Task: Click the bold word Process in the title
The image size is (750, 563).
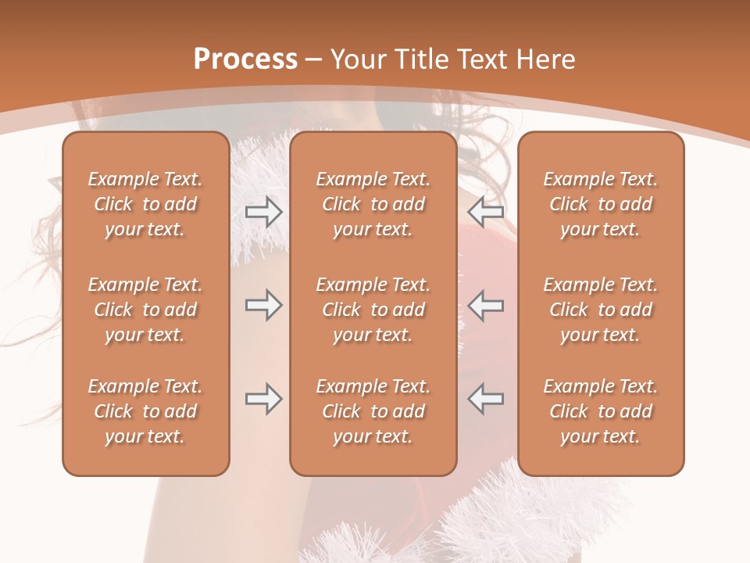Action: (x=245, y=59)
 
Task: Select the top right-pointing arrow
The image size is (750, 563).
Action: (x=263, y=212)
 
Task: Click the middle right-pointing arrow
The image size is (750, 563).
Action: (x=263, y=305)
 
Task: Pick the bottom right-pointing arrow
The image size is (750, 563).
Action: (x=263, y=399)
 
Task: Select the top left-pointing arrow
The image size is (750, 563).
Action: (x=486, y=212)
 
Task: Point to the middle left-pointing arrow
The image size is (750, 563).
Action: (x=486, y=305)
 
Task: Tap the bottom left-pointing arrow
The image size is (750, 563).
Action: (x=486, y=399)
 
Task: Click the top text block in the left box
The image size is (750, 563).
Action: (x=145, y=204)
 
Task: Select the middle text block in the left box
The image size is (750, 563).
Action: (x=145, y=310)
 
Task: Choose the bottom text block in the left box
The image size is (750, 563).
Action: (x=145, y=411)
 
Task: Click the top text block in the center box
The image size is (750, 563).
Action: (x=373, y=204)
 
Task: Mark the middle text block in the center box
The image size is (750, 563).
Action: (x=373, y=310)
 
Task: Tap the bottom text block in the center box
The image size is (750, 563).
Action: (x=373, y=411)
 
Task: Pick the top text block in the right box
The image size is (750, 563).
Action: (x=601, y=204)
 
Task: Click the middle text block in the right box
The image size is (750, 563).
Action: (x=601, y=310)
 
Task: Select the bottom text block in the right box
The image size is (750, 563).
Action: (x=601, y=411)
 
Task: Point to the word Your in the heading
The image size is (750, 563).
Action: (x=357, y=59)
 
